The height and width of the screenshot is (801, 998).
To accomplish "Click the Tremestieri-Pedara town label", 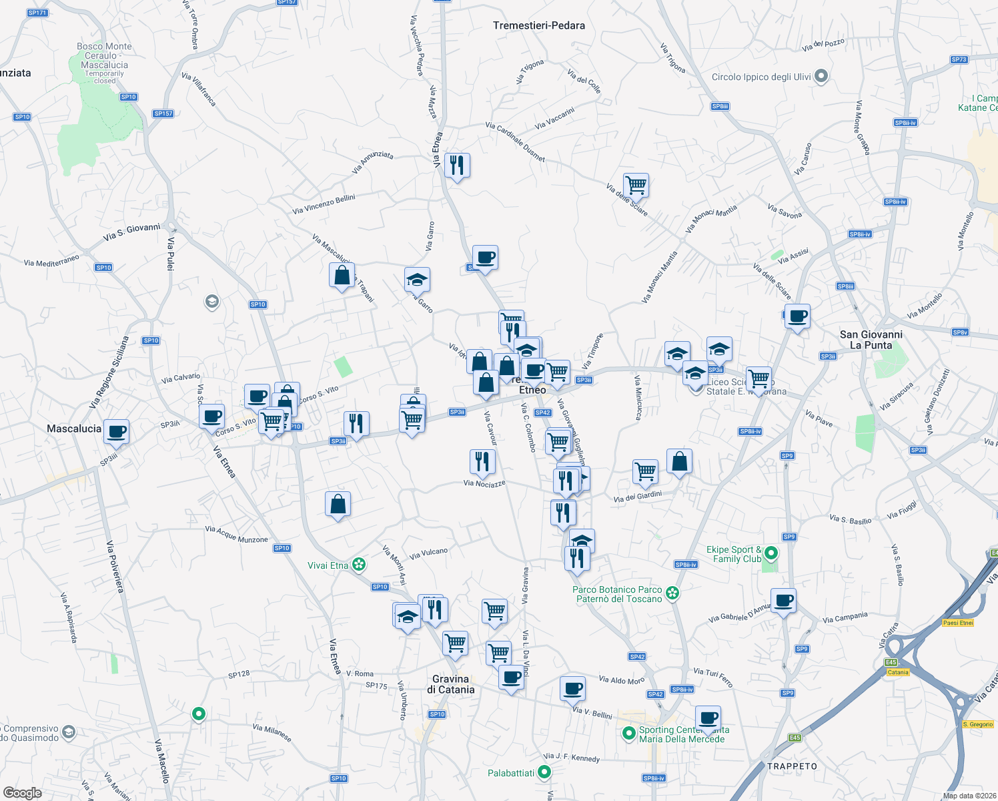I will (x=538, y=25).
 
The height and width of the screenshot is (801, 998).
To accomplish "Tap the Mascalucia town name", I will (x=74, y=429).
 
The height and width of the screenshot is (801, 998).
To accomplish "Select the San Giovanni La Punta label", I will (x=871, y=340).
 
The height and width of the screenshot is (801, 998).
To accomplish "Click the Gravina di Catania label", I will (x=451, y=684).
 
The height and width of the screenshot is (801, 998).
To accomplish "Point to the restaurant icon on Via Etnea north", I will (x=457, y=165).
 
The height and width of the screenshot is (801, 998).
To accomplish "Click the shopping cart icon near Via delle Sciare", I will (x=636, y=185).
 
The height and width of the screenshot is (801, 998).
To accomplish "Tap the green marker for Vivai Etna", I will (x=359, y=565).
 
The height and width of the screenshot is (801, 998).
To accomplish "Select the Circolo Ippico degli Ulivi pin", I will (x=821, y=77).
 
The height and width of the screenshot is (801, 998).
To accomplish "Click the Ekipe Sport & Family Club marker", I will (x=771, y=553).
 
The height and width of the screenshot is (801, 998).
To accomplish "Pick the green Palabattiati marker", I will (x=544, y=773).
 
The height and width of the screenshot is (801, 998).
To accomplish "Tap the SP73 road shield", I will (x=959, y=59).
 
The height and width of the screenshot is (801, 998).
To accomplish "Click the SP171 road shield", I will (x=37, y=13).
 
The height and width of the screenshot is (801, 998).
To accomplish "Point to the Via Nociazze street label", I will (x=484, y=483).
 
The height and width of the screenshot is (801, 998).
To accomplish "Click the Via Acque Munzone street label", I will (x=236, y=534).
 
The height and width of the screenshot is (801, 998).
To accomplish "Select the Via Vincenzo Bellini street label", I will (x=324, y=204).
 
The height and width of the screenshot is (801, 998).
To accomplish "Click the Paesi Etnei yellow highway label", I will (x=957, y=623).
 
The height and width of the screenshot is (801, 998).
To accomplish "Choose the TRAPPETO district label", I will (x=792, y=766).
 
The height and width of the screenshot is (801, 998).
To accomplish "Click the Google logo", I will (x=22, y=792).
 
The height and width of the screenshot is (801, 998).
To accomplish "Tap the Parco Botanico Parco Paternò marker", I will (x=672, y=593).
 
